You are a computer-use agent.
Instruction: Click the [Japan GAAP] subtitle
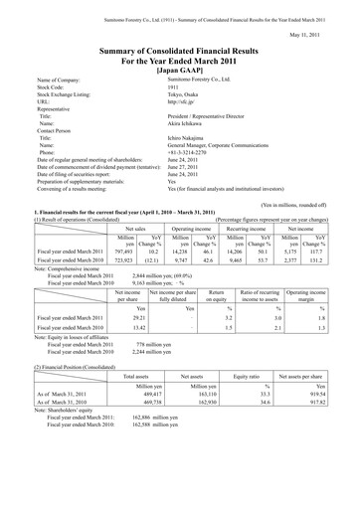point(179,71)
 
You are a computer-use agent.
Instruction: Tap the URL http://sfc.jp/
point(186,102)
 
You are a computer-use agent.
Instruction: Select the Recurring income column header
point(238,228)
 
